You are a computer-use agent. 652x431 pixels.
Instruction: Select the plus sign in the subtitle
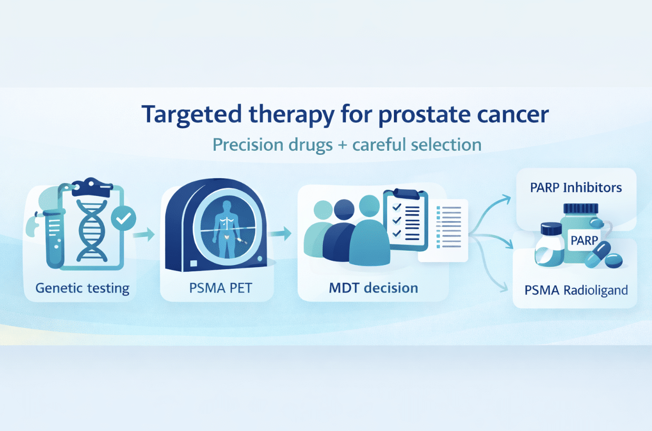point(343,144)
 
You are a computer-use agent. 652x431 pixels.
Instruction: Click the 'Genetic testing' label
point(82,288)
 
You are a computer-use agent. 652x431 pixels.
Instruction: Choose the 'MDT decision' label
point(373,288)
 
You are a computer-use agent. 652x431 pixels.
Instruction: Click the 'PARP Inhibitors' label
point(577,188)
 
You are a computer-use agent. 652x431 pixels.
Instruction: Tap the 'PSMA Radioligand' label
point(576,290)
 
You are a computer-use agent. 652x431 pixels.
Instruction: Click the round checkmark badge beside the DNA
point(124,218)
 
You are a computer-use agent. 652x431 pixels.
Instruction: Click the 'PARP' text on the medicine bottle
point(584,241)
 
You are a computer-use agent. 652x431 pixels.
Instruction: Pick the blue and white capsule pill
point(597,255)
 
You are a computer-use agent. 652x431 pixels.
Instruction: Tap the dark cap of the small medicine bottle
point(552,229)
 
